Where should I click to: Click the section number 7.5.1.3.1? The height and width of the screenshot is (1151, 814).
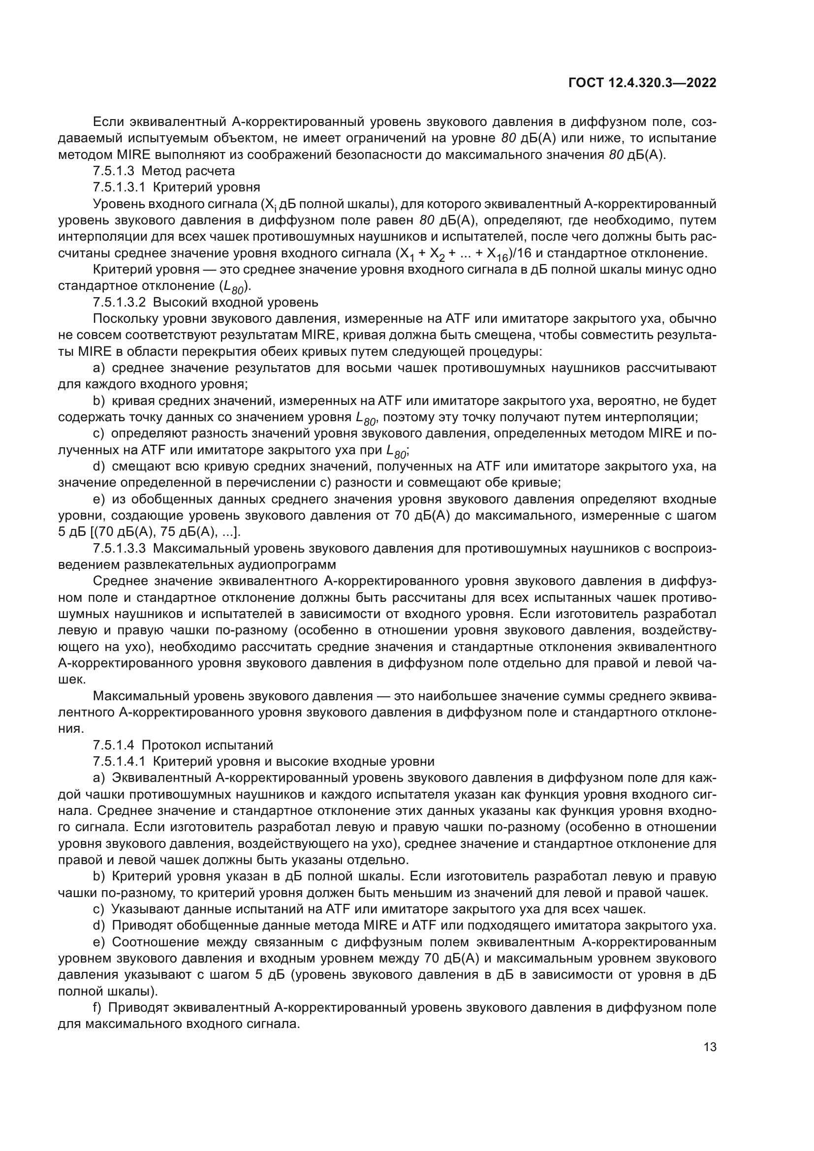(119, 187)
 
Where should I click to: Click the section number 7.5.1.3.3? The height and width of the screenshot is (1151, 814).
(119, 548)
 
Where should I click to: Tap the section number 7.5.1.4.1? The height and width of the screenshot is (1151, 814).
(119, 761)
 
